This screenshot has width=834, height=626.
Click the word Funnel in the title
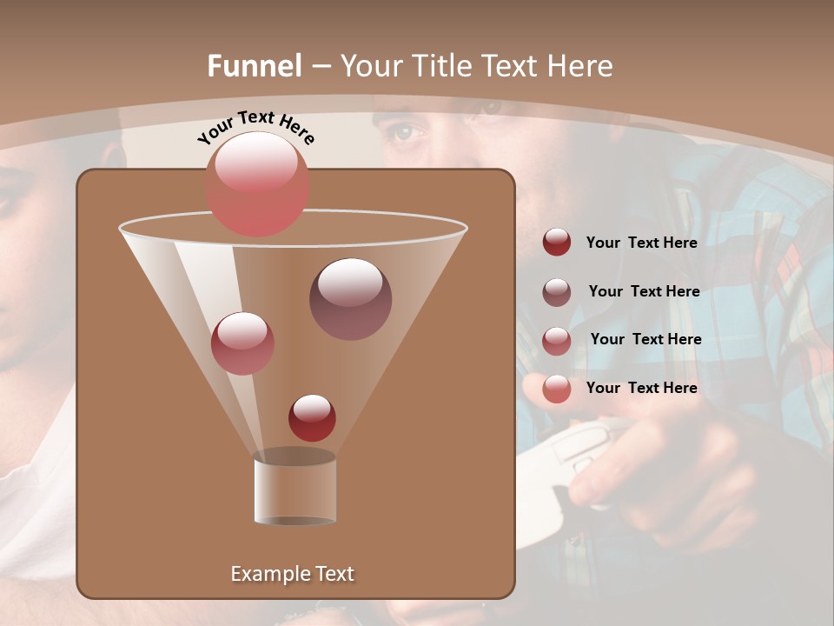pos(255,66)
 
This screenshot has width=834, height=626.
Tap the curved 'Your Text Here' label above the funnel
pos(256,128)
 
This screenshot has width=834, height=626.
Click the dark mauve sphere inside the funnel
pos(350,298)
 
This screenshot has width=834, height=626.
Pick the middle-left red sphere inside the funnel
pos(242,343)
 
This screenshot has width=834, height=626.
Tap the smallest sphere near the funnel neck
pos(312,417)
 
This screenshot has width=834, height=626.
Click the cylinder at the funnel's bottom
pos(295,489)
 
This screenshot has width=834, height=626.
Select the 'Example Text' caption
pos(292,574)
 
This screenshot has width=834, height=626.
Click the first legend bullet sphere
pos(557,242)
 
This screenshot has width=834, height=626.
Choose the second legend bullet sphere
pos(557,291)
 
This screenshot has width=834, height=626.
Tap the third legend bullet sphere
pos(557,340)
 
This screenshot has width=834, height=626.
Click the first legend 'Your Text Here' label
pos(641,243)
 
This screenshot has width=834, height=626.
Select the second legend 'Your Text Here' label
pos(644,291)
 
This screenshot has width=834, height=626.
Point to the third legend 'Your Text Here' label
pos(645,339)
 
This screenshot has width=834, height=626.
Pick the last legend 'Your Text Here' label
pos(641,388)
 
